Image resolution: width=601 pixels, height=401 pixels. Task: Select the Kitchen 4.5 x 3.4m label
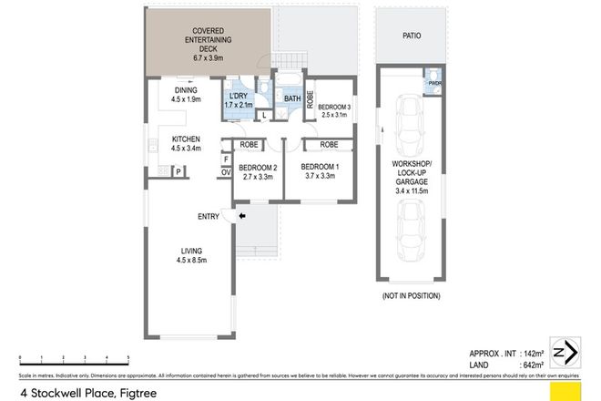[187, 143]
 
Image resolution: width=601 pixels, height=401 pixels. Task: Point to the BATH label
[292, 98]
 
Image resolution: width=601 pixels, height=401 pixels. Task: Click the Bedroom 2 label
[258, 171]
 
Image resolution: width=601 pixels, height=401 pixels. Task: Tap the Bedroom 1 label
[320, 171]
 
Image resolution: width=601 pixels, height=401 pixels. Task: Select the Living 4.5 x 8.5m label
[189, 255]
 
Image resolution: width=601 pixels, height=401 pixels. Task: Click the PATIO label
[412, 37]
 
